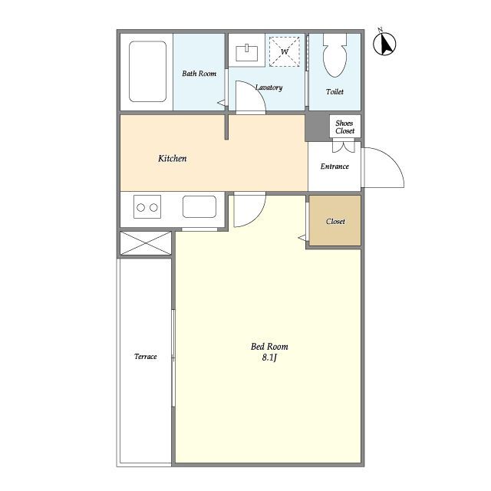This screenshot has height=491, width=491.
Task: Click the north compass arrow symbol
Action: [384, 43]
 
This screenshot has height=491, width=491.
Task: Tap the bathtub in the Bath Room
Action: [147, 71]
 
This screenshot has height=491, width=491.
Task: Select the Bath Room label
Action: [199, 74]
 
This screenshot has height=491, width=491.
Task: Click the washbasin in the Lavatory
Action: [247, 53]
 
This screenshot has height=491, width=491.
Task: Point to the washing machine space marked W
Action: [285, 51]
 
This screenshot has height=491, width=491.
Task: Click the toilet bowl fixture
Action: [334, 55]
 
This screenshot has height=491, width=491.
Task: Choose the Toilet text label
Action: [334, 92]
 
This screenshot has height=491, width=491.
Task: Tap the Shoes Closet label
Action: [344, 127]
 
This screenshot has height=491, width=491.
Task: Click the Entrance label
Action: [334, 166]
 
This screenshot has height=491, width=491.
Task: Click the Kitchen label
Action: [172, 159]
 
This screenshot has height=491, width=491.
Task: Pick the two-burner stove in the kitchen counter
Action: [147, 206]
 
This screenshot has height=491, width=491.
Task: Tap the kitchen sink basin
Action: [199, 206]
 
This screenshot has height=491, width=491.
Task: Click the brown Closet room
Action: [335, 221]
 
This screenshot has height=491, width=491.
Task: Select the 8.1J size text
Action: [269, 358]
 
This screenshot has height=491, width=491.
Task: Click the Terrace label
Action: [146, 356]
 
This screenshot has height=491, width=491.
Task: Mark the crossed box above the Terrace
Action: [146, 243]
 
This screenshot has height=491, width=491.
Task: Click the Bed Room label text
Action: [269, 347]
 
